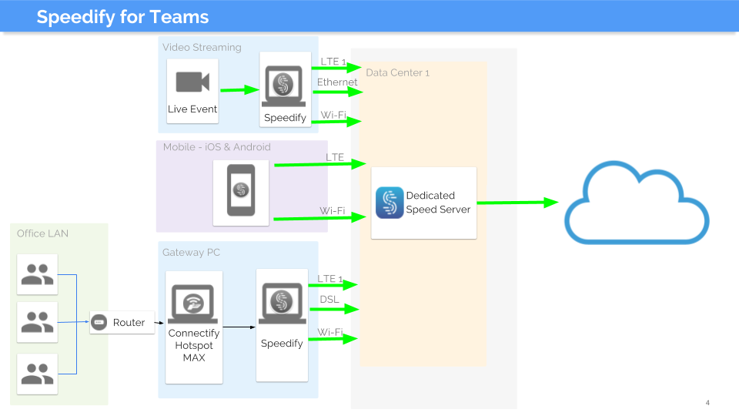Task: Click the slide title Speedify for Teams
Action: pyautogui.click(x=122, y=17)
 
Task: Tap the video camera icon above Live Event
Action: pyautogui.click(x=192, y=82)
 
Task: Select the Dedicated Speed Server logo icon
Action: pyautogui.click(x=390, y=203)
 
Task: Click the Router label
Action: pyautogui.click(x=129, y=323)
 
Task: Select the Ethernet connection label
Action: pyautogui.click(x=337, y=82)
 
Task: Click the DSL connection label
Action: pyautogui.click(x=329, y=299)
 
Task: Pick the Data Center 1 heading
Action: pyautogui.click(x=397, y=72)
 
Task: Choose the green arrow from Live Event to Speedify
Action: pyautogui.click(x=239, y=89)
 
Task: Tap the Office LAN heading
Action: pyautogui.click(x=42, y=233)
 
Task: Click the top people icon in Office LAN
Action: pyautogui.click(x=37, y=274)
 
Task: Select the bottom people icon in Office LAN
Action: pyautogui.click(x=37, y=374)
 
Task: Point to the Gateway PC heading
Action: pyautogui.click(x=192, y=252)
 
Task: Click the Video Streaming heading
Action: pyautogui.click(x=202, y=47)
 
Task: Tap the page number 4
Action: pyautogui.click(x=707, y=403)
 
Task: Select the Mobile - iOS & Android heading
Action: pyautogui.click(x=216, y=147)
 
